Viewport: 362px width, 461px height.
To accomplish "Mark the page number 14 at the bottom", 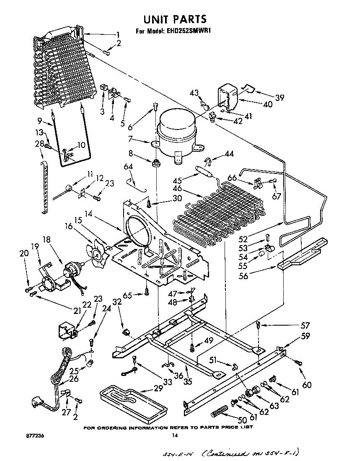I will point(175,436).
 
